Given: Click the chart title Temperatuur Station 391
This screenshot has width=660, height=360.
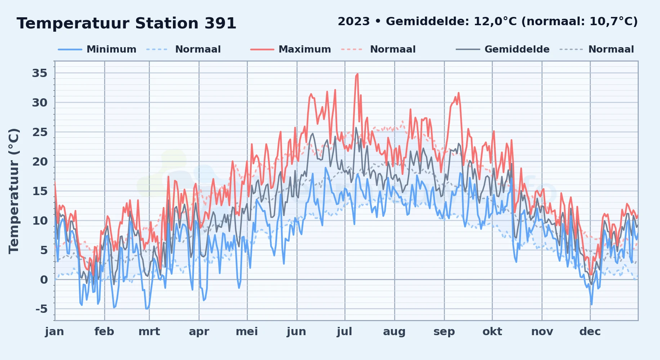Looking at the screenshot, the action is click(126, 23).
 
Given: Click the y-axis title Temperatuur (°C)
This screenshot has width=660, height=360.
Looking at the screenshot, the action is click(14, 191).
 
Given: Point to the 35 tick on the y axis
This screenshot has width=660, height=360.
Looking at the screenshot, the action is click(40, 73).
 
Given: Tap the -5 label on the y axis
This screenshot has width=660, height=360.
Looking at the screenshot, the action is click(41, 309).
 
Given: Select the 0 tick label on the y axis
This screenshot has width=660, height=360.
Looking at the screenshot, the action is click(44, 279).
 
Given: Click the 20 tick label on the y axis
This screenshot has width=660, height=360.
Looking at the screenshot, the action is click(40, 162).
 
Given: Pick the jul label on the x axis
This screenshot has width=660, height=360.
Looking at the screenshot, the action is click(344, 332).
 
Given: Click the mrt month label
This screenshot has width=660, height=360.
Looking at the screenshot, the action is click(149, 332).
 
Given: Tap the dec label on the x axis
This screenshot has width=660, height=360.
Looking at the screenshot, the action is click(590, 332).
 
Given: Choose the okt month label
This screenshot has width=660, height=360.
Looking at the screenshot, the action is click(492, 332).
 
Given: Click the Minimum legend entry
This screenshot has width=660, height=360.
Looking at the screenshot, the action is click(111, 49).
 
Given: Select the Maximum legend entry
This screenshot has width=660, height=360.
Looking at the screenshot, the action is click(305, 49).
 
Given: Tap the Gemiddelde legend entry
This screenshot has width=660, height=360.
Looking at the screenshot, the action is click(517, 49).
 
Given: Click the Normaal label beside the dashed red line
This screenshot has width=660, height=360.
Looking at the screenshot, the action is click(393, 49).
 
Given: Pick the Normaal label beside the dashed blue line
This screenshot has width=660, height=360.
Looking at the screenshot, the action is click(198, 49).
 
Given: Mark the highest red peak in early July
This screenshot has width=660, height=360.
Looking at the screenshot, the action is click(357, 74).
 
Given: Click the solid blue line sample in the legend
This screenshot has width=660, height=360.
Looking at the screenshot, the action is click(70, 49).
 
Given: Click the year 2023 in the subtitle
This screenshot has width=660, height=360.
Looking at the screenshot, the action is click(354, 22).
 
